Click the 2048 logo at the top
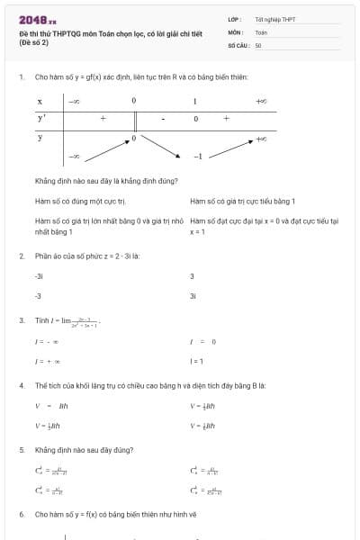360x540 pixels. tap(37, 19)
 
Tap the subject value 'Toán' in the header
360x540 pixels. tap(261, 31)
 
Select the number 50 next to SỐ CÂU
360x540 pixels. tap(258, 44)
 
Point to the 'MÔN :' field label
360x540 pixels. tap(237, 31)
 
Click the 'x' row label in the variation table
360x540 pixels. tap(40, 101)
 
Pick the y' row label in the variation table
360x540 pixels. tap(41, 118)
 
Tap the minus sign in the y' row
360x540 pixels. tap(164, 118)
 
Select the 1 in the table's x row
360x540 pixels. tap(194, 101)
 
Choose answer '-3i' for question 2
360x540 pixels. tap(39, 276)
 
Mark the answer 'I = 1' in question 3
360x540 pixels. tap(196, 361)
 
